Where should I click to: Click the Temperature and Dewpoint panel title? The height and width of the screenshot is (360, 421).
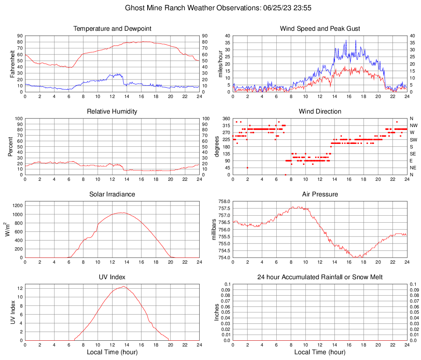(x=112, y=29)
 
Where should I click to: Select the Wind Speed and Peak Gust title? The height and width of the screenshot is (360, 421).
(x=320, y=29)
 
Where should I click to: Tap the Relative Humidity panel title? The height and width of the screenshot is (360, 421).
(x=112, y=112)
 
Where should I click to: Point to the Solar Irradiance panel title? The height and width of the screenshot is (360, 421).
(x=112, y=194)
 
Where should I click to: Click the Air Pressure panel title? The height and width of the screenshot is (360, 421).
(x=320, y=194)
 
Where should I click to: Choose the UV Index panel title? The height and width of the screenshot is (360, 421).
(x=112, y=277)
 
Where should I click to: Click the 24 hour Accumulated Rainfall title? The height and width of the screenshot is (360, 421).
(x=320, y=277)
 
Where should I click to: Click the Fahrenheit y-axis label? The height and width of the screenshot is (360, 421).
(x=12, y=64)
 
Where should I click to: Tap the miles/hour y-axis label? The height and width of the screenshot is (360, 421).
(x=220, y=64)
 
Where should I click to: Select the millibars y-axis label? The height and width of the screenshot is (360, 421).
(x=214, y=230)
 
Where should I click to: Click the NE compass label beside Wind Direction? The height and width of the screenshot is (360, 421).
(x=413, y=168)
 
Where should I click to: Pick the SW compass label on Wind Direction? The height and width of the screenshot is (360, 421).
(x=413, y=139)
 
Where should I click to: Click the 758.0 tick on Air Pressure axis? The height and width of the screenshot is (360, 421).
(x=225, y=201)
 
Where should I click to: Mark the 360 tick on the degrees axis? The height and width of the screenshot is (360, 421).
(x=225, y=118)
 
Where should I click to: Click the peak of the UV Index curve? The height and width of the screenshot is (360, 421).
(x=123, y=287)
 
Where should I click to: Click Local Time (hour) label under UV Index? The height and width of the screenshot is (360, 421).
(x=112, y=352)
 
